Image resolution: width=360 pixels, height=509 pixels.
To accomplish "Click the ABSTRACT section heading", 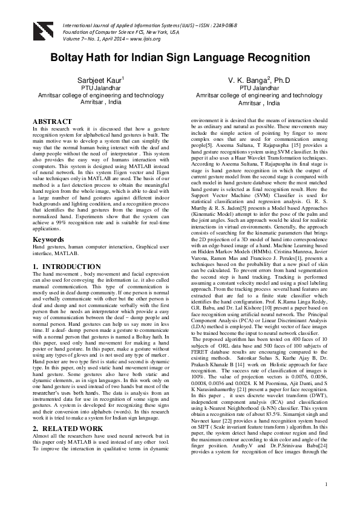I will (x=54, y=122).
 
